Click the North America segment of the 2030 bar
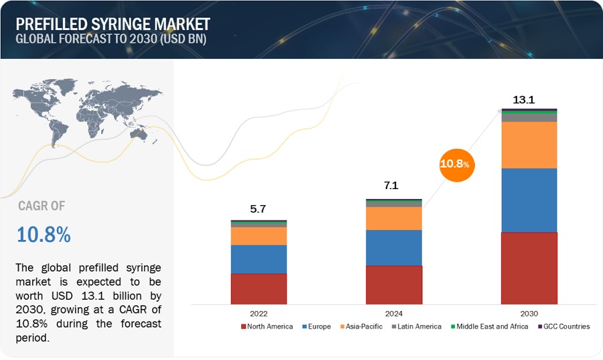pos(529,268)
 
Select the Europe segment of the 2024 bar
pos(393,248)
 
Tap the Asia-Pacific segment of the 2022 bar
pos(259,236)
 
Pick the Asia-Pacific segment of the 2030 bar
pos(529,145)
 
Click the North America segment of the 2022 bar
pos(259,289)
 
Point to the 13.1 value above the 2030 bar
pos(523,100)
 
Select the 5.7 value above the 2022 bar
pos(257,209)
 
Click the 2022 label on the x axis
pos(259,312)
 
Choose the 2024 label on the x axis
pos(393,312)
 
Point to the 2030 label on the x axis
pos(529,312)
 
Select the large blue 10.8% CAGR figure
pos(44,235)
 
